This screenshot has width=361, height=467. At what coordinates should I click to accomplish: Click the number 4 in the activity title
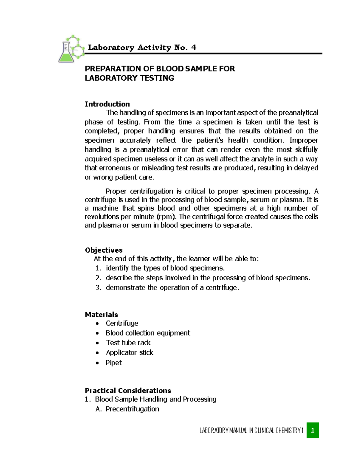[193, 48]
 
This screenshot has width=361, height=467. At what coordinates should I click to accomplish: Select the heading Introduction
[107, 104]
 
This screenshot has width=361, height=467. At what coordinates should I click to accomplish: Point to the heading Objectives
[103, 250]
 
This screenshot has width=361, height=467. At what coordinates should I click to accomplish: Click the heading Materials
[101, 315]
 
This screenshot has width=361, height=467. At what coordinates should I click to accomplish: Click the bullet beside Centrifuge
[97, 324]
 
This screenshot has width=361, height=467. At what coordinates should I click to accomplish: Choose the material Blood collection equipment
[148, 333]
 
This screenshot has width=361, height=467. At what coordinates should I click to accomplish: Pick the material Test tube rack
[128, 343]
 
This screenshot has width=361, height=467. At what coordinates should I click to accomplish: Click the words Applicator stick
[129, 353]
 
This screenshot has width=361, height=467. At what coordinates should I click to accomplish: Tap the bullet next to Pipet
[97, 363]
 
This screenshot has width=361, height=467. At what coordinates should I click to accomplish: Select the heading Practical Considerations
[128, 391]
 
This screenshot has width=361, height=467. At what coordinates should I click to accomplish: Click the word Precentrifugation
[132, 409]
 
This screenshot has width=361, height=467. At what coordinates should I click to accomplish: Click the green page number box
[313, 430]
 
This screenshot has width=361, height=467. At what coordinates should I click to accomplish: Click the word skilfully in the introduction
[306, 150]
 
